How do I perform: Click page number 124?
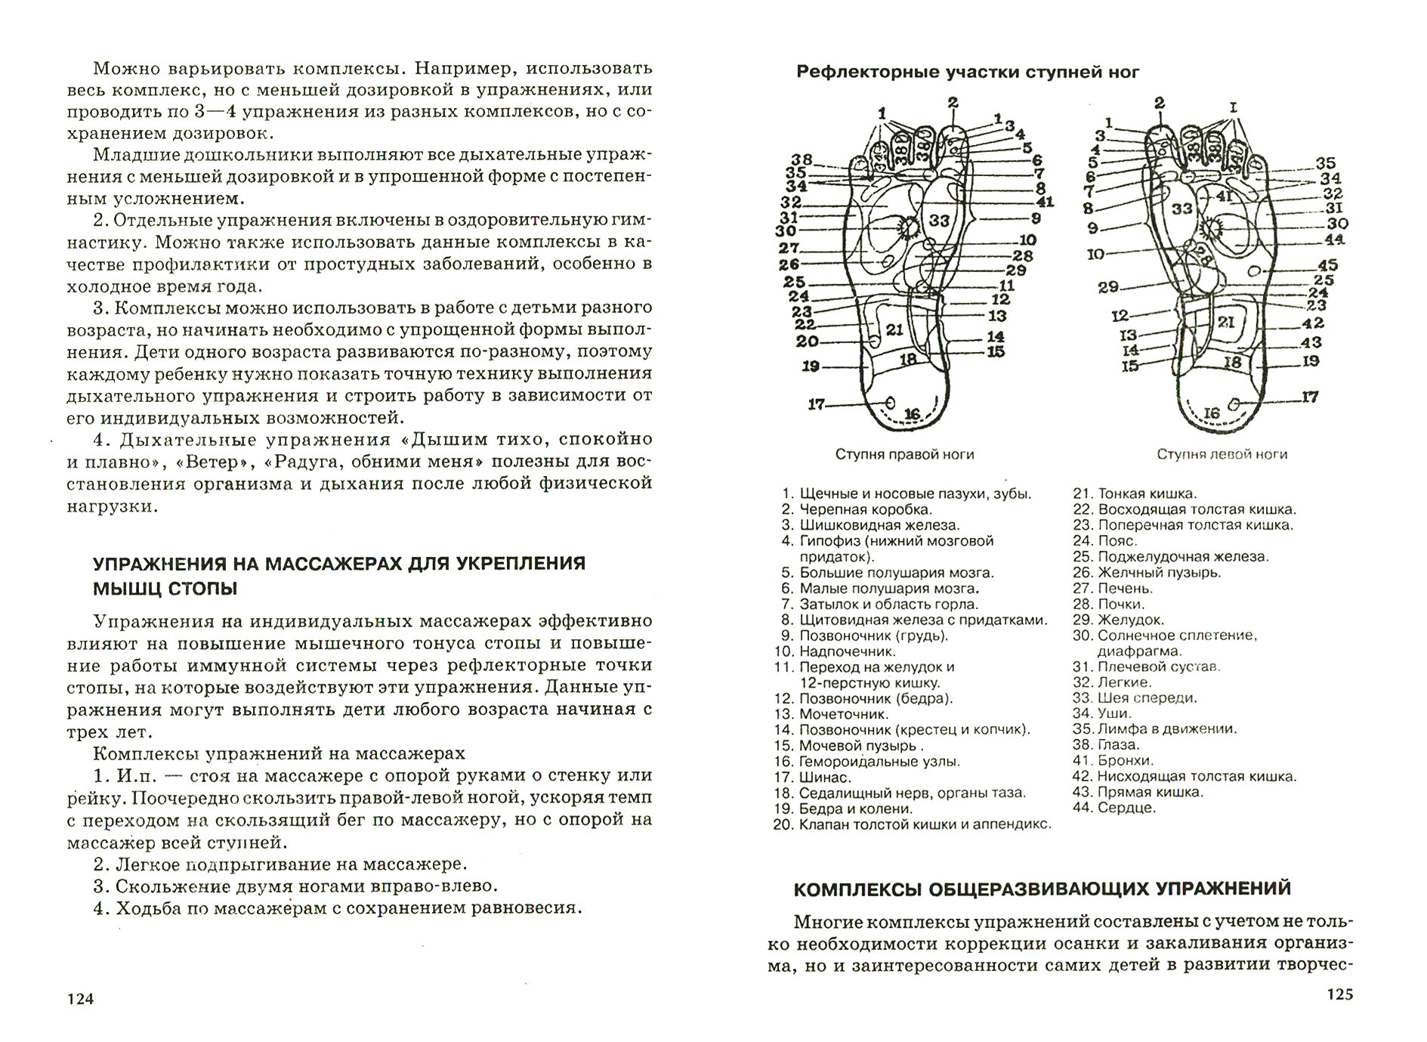coord(79,1000)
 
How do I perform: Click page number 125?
coord(1339,994)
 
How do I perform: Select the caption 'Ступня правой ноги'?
coord(904,454)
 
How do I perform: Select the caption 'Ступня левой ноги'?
coord(1222,454)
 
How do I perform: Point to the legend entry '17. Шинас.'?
coord(814,777)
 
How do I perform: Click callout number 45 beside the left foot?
coord(1327,265)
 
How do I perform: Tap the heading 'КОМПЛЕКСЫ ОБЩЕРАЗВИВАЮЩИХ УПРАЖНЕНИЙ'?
coord(1042,889)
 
